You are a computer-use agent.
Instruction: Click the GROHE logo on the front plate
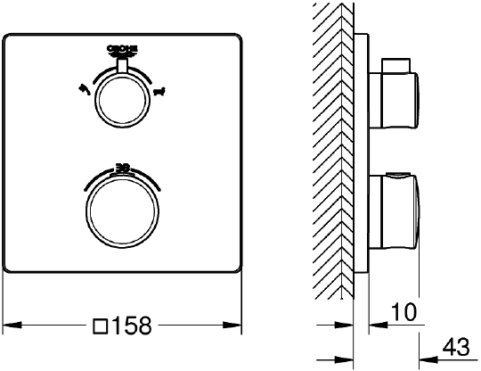[124, 49]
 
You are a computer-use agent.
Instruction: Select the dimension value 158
[135, 326]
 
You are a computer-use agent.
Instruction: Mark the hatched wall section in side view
[333, 152]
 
